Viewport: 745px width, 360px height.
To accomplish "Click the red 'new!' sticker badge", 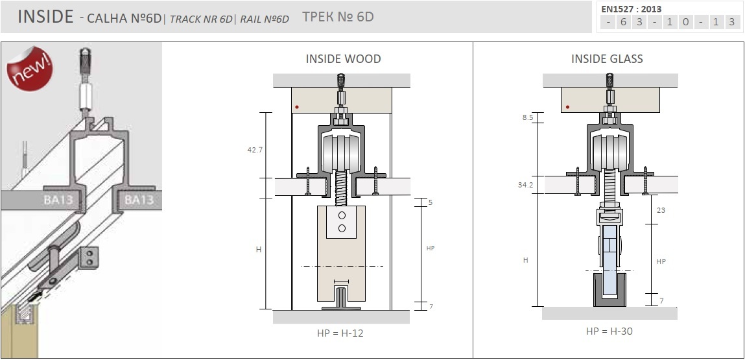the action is (x=29, y=68).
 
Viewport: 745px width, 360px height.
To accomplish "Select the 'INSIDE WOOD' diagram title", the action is (x=343, y=59).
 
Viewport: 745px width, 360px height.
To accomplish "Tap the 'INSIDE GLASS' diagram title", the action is (x=607, y=59).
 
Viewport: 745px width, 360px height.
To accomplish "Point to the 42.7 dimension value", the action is (x=255, y=150).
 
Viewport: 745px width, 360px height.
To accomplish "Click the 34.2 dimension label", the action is (x=525, y=185).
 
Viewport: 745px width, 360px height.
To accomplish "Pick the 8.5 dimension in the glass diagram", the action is (x=528, y=117).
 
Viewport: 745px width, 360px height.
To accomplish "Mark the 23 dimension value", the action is (x=661, y=210).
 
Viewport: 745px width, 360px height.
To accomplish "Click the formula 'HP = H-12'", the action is (x=340, y=333).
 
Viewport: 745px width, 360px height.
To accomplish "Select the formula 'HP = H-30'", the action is (x=609, y=331).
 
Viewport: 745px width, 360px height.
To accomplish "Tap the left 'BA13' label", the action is (x=58, y=200).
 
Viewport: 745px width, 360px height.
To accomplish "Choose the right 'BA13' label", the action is (x=139, y=200).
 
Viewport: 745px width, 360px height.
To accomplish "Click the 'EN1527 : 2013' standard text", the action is (x=632, y=9).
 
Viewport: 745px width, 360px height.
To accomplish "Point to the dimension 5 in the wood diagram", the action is (x=431, y=202).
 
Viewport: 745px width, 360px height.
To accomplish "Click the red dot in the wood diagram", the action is (x=297, y=107).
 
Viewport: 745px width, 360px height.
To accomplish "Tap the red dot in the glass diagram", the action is (x=568, y=107).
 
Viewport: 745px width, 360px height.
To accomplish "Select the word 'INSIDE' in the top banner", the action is (x=45, y=17).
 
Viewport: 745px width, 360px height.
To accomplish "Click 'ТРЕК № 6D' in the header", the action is (x=338, y=17).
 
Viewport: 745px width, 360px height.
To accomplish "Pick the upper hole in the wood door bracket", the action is (x=342, y=215).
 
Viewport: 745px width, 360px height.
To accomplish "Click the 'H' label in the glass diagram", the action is (x=525, y=260).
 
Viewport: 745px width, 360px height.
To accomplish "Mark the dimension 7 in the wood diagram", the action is (x=431, y=307).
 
